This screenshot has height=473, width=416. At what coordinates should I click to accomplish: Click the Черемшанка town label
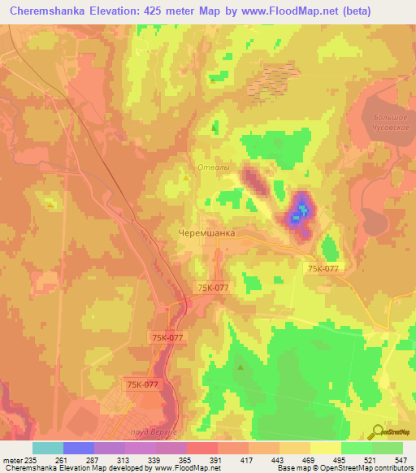(206, 232)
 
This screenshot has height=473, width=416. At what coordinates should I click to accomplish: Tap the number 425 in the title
(161, 11)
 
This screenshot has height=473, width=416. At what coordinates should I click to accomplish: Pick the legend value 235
(33, 460)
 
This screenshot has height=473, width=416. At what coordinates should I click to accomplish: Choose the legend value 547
(400, 460)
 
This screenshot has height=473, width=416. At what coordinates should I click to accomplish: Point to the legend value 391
(217, 460)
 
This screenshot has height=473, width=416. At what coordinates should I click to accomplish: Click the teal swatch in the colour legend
(47, 448)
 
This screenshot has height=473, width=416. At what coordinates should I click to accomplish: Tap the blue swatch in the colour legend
(78, 448)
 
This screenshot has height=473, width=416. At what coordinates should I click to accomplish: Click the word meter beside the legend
(12, 460)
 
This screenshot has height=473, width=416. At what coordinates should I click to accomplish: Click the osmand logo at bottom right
(394, 432)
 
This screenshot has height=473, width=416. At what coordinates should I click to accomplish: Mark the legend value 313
(125, 460)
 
